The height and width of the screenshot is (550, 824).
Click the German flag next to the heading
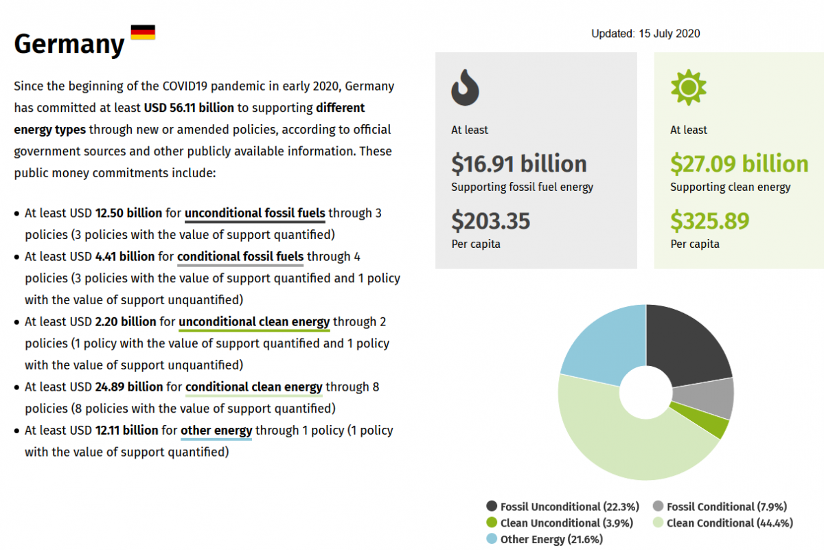143,32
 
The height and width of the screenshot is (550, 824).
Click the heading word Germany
69,45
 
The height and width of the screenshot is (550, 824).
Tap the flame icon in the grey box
465,87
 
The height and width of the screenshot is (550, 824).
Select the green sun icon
688,87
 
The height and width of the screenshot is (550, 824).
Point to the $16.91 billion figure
519,164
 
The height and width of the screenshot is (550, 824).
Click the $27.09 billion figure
740,164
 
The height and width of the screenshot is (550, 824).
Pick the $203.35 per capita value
490,221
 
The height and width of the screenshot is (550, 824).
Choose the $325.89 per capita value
710,221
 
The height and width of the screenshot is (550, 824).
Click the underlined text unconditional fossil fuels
255,214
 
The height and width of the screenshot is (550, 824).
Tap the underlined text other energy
216,431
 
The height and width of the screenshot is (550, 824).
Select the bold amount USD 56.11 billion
189,108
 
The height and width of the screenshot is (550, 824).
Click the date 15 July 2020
669,34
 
